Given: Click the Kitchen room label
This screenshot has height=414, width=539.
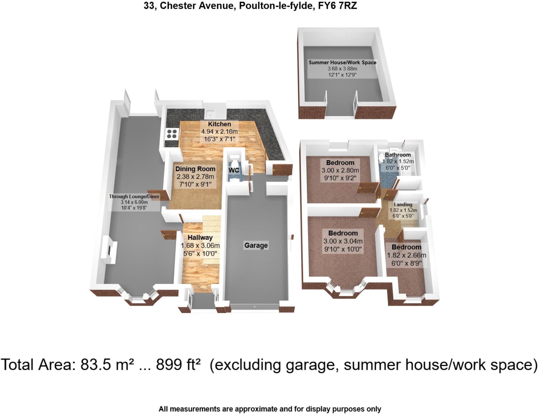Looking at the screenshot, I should pyautogui.click(x=219, y=124).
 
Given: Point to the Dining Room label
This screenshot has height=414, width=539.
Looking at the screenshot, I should pyautogui.click(x=195, y=169).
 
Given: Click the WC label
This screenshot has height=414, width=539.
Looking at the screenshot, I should pyautogui.click(x=234, y=170).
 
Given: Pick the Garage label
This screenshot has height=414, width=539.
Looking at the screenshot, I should pyautogui.click(x=256, y=245).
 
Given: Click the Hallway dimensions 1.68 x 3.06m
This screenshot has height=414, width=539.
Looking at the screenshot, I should pyautogui.click(x=200, y=246).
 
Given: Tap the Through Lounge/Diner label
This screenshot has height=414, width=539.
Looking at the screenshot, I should pyautogui.click(x=134, y=196).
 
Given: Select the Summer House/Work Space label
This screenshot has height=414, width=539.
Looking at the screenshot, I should pyautogui.click(x=342, y=63).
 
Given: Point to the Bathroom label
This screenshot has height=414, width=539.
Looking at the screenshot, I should pyautogui.click(x=397, y=155).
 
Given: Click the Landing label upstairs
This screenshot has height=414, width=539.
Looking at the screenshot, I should pyautogui.click(x=403, y=205).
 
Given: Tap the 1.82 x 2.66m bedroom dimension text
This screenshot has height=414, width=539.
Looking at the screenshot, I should pyautogui.click(x=406, y=255).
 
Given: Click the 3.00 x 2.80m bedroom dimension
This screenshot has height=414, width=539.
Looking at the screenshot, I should pyautogui.click(x=340, y=170).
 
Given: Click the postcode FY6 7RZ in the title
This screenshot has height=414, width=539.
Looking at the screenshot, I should pyautogui.click(x=337, y=6).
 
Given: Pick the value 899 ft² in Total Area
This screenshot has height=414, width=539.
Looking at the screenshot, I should pyautogui.click(x=178, y=365).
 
